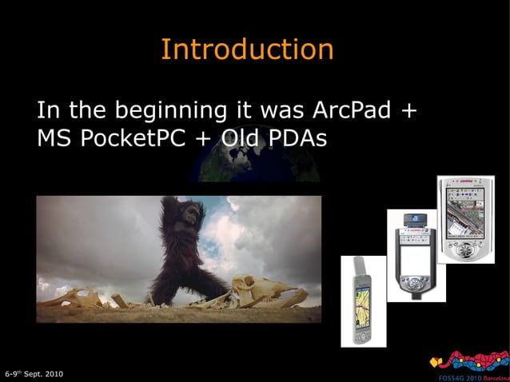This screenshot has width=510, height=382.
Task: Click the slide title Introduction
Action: [247, 50]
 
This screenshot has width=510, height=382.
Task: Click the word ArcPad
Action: [353, 109]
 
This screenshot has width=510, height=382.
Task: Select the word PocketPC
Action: [130, 138]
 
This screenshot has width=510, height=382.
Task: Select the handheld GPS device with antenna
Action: [363, 300]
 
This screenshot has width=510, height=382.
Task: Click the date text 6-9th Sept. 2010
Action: [33, 374]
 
